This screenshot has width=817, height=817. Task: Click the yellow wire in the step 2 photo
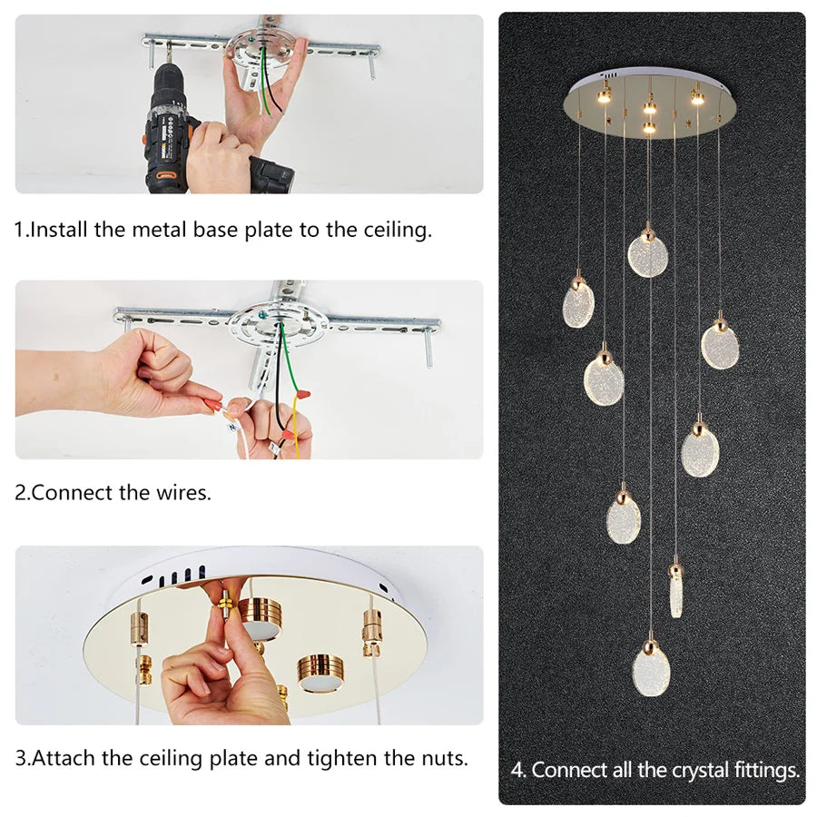(x=297, y=422)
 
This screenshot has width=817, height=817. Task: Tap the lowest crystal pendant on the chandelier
(x=651, y=668)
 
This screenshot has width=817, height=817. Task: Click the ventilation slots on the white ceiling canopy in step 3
(x=174, y=576)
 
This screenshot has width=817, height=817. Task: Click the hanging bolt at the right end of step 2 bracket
(x=429, y=348)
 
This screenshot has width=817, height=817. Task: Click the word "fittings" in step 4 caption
(x=767, y=771)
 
